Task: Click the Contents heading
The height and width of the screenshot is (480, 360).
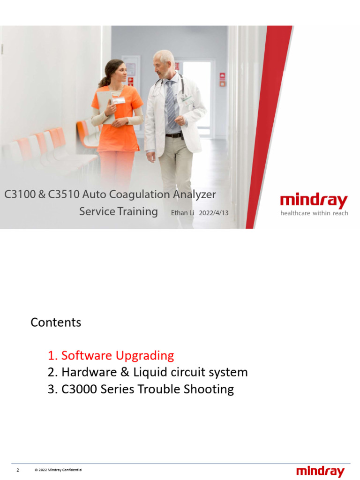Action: (56, 322)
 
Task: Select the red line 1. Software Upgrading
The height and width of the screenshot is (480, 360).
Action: (111, 356)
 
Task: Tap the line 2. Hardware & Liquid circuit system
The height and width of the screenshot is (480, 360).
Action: (148, 373)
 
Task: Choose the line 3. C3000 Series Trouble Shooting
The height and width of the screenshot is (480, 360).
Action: (141, 390)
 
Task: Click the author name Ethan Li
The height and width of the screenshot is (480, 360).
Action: (182, 213)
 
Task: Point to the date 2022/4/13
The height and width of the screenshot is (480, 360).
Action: (214, 213)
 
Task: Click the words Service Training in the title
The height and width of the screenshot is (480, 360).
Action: (119, 211)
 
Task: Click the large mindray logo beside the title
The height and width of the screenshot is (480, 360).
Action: (314, 202)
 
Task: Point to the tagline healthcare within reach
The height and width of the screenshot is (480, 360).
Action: (314, 213)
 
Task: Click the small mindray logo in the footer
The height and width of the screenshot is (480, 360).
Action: (320, 471)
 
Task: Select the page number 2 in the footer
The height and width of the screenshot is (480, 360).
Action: (18, 470)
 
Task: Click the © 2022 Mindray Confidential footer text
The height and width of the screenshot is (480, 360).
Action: (59, 470)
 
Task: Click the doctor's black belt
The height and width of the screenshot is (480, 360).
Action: (174, 135)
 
